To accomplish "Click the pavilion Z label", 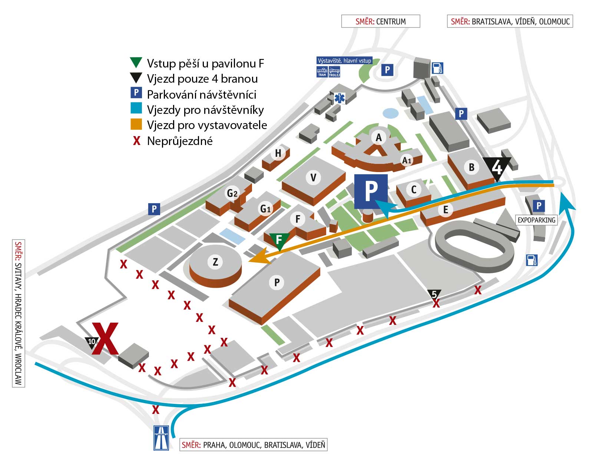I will coord(215,262).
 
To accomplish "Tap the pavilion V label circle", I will coord(313,178).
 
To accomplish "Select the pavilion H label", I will coord(278,153).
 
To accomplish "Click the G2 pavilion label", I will coord(232,193).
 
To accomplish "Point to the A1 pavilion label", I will coord(407,160).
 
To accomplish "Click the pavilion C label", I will coord(414,189).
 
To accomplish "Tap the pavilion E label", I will coord(445,210).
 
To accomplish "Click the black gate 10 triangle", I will coord(91,342).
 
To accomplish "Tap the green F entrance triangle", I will coord(279,240).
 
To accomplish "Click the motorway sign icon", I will coord(161,438).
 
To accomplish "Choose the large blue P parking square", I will coord(371,191).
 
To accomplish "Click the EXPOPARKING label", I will coord(536,220).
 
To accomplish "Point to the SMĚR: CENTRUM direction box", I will coord(381,22).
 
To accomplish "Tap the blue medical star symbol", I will coord(339,98).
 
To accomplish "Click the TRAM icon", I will coord(322,72).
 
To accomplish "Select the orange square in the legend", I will coord(136,124).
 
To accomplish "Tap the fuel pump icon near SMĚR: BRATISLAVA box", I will coord(438,68).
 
